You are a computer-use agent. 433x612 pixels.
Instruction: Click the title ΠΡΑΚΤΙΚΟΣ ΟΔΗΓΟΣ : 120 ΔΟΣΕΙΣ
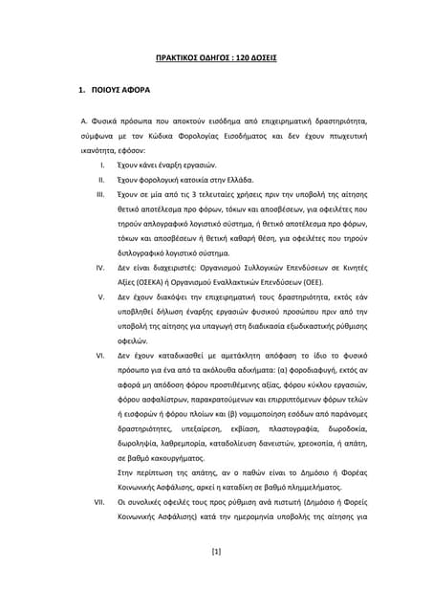(216, 57)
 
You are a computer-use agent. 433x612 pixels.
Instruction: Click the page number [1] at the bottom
(216, 578)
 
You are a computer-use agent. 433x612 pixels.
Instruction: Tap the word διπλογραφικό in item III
(145, 253)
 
